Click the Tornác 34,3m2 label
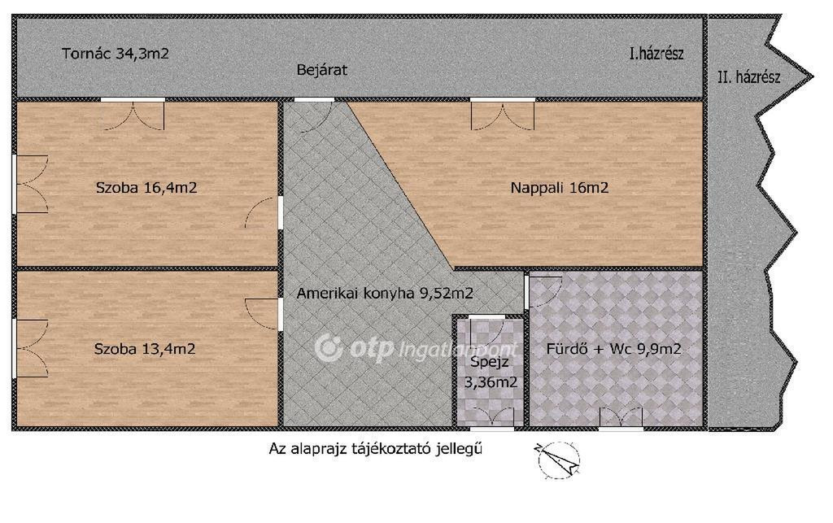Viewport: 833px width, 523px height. point(116,54)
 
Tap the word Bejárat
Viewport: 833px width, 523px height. point(322,70)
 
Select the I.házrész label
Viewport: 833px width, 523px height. point(656,54)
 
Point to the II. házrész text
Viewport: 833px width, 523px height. point(749,77)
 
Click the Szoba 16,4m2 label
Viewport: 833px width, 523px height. point(146,187)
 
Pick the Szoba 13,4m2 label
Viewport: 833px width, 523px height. point(145,349)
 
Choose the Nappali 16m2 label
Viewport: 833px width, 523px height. point(560,187)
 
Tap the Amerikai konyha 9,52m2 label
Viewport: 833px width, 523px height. point(385,293)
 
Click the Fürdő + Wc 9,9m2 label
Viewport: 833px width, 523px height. point(613,349)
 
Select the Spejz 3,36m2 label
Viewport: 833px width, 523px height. point(491,373)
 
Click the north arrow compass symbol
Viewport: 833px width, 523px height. point(557,460)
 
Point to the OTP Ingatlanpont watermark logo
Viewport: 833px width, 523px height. point(416,349)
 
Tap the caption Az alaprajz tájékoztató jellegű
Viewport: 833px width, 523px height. point(376,449)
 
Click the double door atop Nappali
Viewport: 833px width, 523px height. point(503,115)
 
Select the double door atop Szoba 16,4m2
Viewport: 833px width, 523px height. point(133,115)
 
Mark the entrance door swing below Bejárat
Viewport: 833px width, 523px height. point(314,115)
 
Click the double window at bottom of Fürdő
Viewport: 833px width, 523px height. point(621,417)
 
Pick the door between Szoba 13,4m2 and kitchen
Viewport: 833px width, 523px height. point(264,315)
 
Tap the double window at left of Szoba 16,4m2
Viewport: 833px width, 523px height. point(30,185)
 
